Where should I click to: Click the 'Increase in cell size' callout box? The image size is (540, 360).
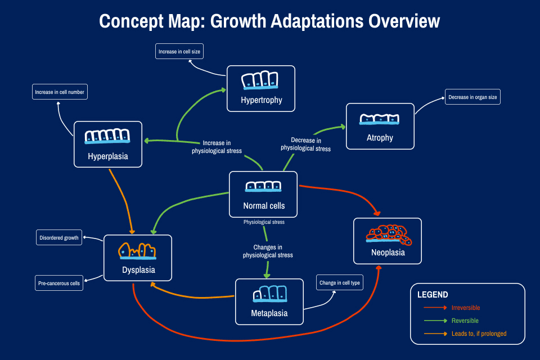[179, 52]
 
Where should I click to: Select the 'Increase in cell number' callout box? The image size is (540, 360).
[60, 92]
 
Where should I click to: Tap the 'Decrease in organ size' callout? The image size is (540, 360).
[472, 97]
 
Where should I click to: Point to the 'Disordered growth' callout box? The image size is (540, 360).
[59, 238]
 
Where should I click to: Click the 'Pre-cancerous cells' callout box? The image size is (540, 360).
[59, 283]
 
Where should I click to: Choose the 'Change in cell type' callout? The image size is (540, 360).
[339, 283]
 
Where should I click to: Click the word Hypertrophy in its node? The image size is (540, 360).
[261, 101]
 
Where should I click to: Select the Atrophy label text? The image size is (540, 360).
[380, 138]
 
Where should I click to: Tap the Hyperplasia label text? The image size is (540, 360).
[108, 156]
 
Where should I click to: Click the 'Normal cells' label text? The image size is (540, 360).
[263, 206]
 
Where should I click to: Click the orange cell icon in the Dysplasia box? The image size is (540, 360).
[137, 251]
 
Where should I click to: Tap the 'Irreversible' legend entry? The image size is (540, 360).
[465, 308]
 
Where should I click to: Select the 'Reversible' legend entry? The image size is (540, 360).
[465, 321]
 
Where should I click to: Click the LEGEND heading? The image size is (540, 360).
[433, 295]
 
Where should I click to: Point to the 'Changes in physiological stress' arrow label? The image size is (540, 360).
[268, 251]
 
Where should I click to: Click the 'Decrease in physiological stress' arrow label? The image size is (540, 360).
[305, 145]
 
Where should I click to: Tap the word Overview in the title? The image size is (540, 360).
[400, 21]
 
